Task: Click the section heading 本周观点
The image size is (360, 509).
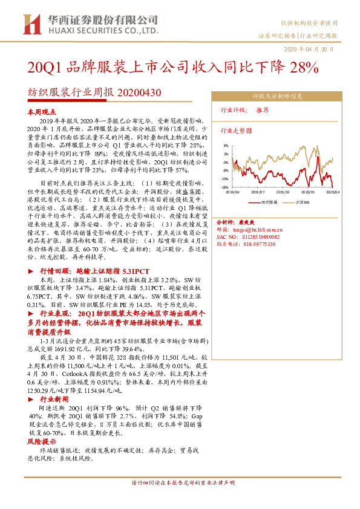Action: (42, 112)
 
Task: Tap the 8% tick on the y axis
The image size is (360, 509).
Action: (225, 146)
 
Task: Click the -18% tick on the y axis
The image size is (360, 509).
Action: (224, 187)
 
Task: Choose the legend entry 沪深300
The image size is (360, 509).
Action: (303, 201)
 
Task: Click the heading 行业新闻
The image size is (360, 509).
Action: (54, 400)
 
